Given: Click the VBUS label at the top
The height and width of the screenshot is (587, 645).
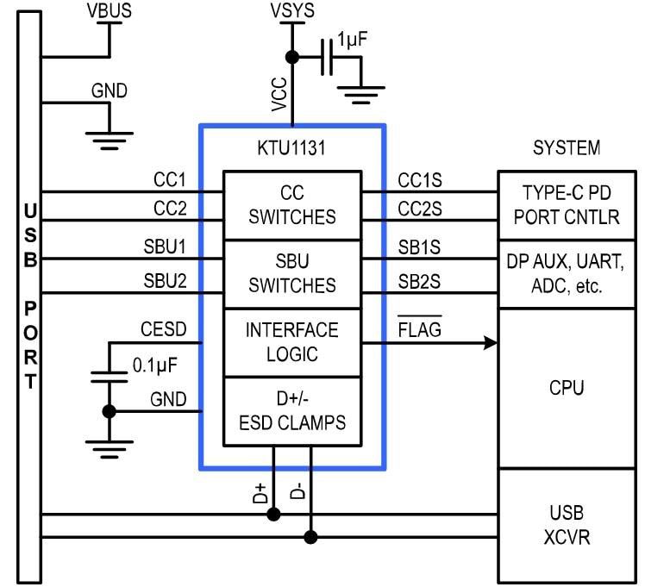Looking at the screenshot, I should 110,10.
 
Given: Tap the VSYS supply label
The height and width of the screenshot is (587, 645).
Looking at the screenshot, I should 291,10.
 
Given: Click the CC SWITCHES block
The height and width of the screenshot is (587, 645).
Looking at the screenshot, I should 292,205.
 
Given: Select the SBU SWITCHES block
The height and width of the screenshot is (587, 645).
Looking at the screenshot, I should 292,274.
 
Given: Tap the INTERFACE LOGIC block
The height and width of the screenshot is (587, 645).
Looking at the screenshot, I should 292,342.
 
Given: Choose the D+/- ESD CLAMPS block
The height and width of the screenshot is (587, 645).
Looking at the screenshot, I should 292,411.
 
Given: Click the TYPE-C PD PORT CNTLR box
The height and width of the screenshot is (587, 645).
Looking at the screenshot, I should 571,205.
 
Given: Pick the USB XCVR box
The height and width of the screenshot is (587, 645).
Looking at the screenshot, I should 571,525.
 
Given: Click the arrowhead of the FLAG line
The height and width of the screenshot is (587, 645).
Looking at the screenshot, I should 492,343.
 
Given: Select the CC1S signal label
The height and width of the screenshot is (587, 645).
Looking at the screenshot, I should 420,180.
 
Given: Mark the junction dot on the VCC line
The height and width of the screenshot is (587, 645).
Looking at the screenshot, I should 292,57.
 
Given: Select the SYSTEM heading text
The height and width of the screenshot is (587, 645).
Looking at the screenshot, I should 567,148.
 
